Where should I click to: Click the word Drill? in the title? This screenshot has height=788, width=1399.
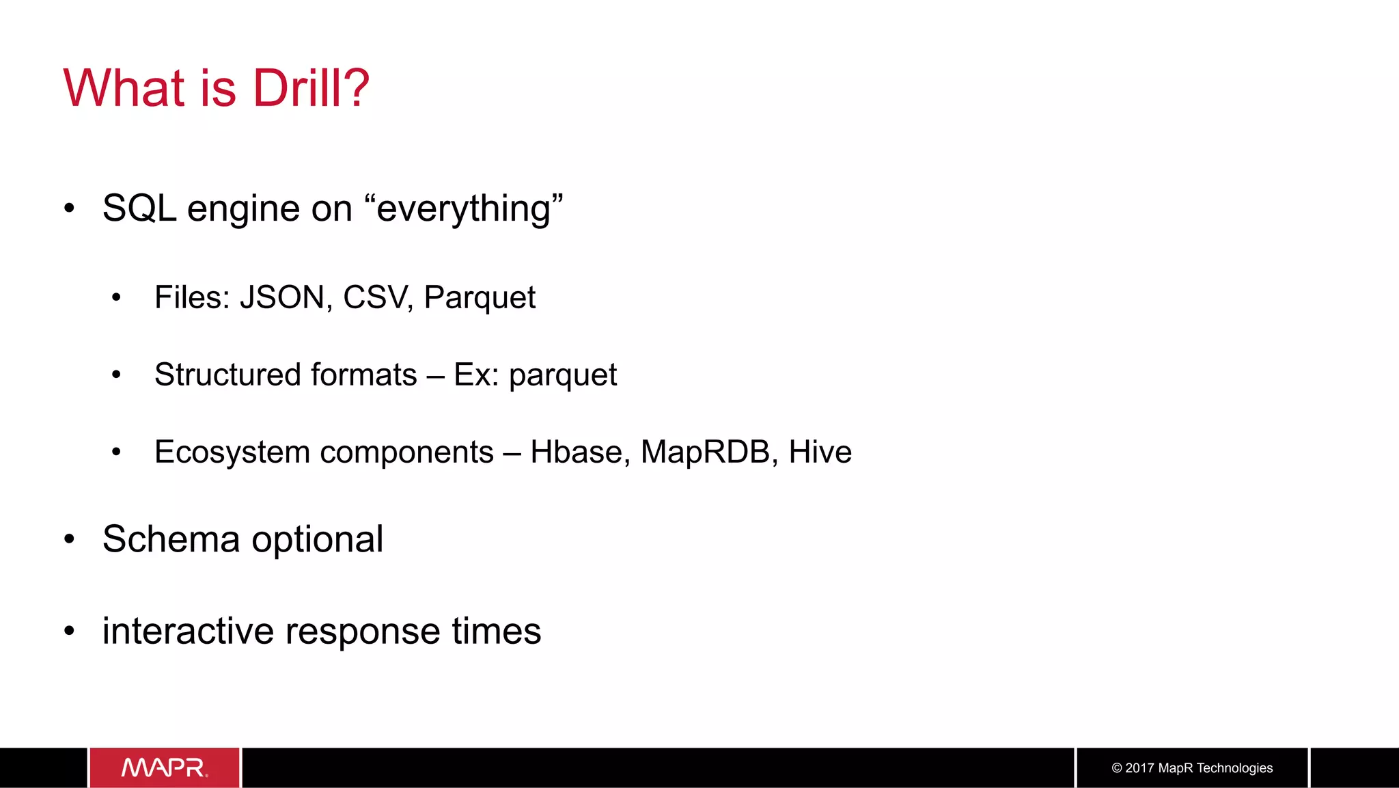click(311, 89)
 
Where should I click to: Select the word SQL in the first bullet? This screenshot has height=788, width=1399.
click(139, 208)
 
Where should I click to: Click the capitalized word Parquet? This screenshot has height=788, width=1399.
click(480, 298)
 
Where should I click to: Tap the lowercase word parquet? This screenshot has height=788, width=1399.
click(563, 375)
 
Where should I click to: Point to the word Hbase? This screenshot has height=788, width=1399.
click(579, 452)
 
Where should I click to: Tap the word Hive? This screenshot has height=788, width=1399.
click(820, 452)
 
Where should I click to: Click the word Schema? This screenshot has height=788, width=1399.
click(171, 539)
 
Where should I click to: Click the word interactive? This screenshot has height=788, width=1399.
click(188, 631)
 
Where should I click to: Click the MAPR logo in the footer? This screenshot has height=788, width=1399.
click(165, 767)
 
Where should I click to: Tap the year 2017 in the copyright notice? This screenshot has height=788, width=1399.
click(1140, 768)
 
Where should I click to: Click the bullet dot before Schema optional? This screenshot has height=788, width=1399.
click(69, 539)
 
